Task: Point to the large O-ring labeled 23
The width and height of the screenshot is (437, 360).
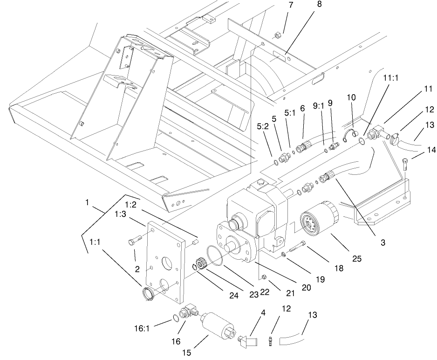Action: [x=215, y=256]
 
